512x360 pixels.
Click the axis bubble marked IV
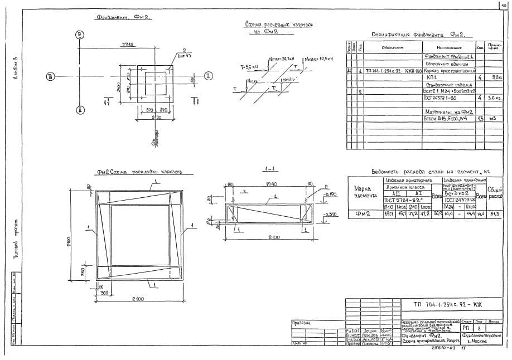coord(81,35)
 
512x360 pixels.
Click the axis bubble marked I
coord(207,76)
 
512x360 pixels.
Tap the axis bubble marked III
coord(51,76)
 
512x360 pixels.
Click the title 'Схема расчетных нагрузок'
coord(272,25)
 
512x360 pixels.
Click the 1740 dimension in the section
coord(272,184)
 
